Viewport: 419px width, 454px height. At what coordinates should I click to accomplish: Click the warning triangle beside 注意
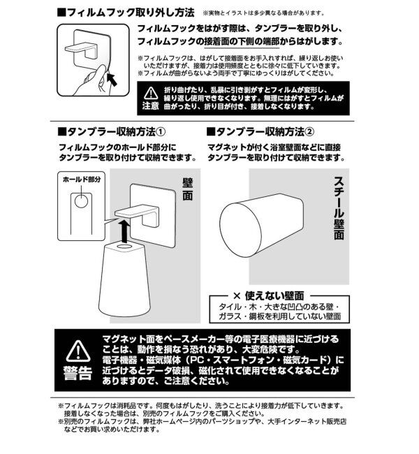point(151,92)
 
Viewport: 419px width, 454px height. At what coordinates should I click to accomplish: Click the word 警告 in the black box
point(77,372)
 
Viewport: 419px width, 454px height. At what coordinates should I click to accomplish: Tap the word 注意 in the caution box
point(151,106)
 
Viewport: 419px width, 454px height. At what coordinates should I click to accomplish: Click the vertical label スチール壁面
point(339,206)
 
